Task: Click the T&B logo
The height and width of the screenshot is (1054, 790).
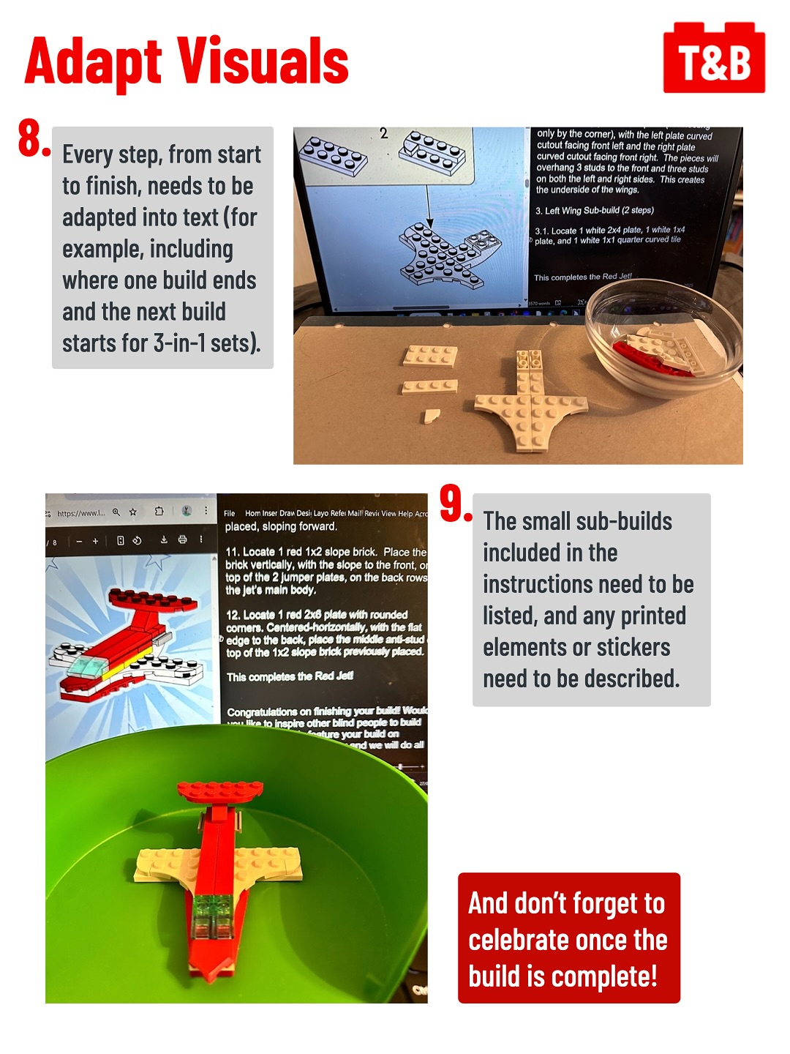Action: click(x=714, y=59)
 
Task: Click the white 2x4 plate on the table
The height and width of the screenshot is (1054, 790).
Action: click(x=430, y=356)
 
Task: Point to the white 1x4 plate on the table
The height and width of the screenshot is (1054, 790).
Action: click(x=430, y=386)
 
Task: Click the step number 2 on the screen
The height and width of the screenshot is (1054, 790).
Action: click(x=383, y=134)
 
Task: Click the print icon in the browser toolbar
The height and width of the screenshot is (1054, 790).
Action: click(x=182, y=540)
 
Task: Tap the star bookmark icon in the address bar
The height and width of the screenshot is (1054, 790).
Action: click(x=133, y=512)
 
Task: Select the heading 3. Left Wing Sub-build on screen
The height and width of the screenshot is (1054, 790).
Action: click(x=594, y=210)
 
